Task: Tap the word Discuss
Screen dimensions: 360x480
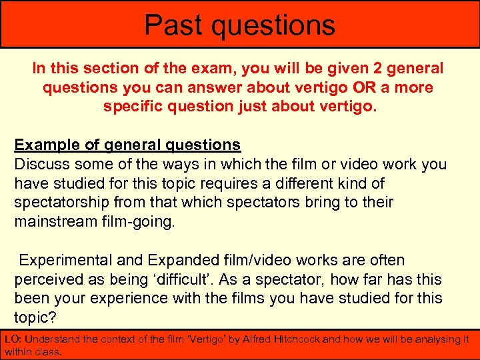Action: (42, 164)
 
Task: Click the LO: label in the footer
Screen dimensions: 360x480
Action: (13, 339)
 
